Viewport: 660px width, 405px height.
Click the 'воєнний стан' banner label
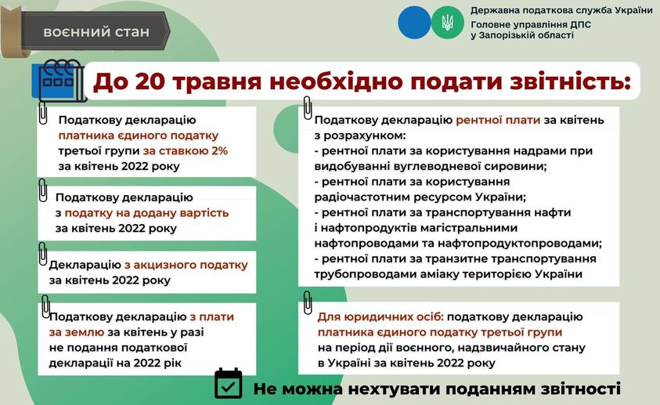coord(96,32)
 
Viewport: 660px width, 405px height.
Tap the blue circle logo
coord(415,22)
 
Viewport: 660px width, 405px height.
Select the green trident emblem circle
coord(447,22)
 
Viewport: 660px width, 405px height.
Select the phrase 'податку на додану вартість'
coord(146,213)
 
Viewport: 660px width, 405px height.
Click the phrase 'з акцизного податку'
coord(186,266)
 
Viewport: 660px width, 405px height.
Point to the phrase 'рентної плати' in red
coord(498,121)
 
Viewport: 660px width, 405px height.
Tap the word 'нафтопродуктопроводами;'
coord(520,244)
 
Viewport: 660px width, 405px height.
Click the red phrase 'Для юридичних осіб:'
coord(380,317)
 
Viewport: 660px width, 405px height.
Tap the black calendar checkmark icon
coord(228,384)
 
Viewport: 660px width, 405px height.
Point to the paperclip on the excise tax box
coord(42,254)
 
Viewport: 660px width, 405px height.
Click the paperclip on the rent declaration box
coord(307,107)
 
